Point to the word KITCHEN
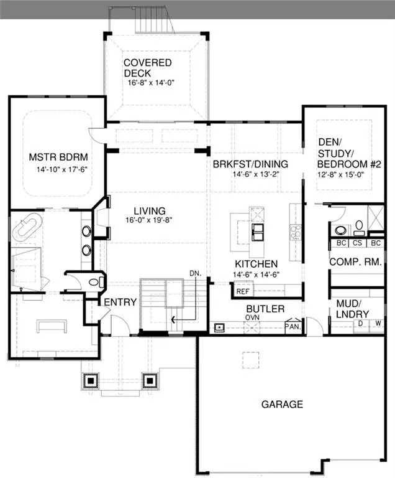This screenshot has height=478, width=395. point(256,264)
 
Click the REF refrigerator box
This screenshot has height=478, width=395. point(241,289)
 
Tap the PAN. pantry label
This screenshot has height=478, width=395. point(292,326)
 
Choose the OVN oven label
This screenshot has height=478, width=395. point(252,317)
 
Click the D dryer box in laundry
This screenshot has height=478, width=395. point(360,323)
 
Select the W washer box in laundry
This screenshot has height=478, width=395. point(378,323)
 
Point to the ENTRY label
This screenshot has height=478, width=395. point(120,302)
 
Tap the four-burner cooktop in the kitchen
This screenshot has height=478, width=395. point(293,231)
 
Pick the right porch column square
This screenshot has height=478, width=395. point(149,379)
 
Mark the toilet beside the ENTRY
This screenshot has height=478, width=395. point(94,282)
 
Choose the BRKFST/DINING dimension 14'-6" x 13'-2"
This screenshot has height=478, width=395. point(250,174)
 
